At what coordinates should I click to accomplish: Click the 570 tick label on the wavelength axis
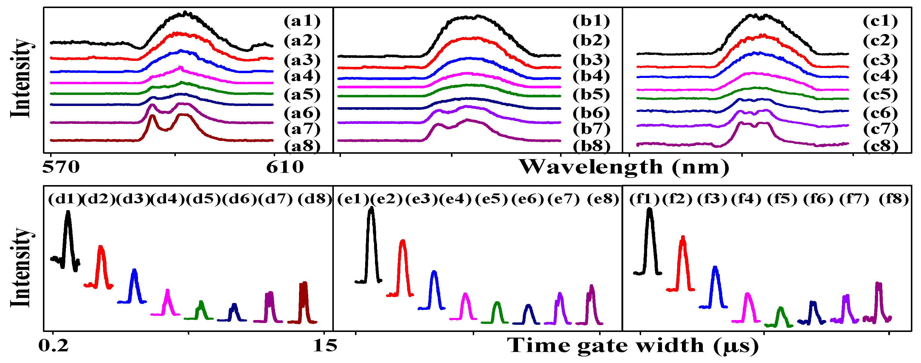(x=61, y=167)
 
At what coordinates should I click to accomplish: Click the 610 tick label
(x=285, y=167)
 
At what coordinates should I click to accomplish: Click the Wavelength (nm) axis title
(x=624, y=167)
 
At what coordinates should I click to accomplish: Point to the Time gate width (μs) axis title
(x=633, y=346)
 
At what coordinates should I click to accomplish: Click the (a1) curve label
(x=302, y=21)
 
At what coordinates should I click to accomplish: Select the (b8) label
(x=591, y=146)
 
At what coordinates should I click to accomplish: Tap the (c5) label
(x=880, y=95)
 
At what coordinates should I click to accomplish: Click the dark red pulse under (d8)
(x=303, y=301)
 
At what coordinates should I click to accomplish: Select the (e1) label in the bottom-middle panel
(x=353, y=199)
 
